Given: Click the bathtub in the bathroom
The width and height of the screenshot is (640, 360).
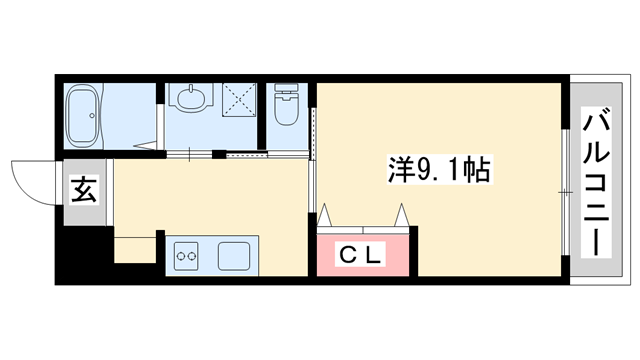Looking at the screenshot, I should tap(84, 114).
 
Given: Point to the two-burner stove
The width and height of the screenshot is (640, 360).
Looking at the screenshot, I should tap(187, 256).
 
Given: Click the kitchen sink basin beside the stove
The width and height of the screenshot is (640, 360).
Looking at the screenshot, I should tap(236, 255).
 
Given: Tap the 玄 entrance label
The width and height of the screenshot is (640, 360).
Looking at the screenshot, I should tap(85, 188).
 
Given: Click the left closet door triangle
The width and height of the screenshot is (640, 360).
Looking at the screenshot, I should tap(325, 216).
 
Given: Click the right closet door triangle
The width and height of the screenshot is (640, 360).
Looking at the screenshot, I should tap(402, 216).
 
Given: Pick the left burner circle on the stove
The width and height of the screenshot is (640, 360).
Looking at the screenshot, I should tap(181, 256).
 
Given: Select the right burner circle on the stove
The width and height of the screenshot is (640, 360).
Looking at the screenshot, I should tap(193, 256).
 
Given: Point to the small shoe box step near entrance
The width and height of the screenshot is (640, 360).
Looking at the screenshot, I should tap(134, 247).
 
